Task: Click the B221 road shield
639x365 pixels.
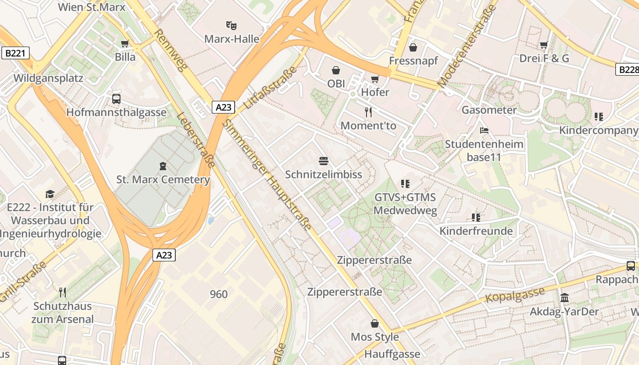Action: pyautogui.click(x=15, y=53)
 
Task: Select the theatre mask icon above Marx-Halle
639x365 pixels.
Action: pyautogui.click(x=231, y=25)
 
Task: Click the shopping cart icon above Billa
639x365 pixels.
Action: pyautogui.click(x=125, y=44)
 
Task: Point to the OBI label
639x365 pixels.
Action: pyautogui.click(x=336, y=83)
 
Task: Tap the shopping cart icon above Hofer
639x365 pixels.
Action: pyautogui.click(x=375, y=79)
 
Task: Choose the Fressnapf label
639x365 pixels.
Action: pyautogui.click(x=413, y=61)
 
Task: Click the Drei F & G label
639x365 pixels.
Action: pyautogui.click(x=544, y=58)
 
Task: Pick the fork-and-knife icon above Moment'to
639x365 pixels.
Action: pyautogui.click(x=368, y=112)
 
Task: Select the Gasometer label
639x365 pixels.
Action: pyautogui.click(x=489, y=110)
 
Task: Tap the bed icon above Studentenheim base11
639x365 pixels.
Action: pyautogui.click(x=484, y=130)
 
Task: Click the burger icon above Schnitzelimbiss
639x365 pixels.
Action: pyautogui.click(x=324, y=161)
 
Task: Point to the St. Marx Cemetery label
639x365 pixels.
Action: pyautogui.click(x=163, y=179)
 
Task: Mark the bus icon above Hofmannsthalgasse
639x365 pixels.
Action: pyautogui.click(x=116, y=99)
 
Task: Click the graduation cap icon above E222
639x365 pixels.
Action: pyautogui.click(x=50, y=194)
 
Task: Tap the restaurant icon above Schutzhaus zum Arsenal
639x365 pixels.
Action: pyautogui.click(x=62, y=292)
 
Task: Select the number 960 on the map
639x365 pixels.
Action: pyautogui.click(x=219, y=294)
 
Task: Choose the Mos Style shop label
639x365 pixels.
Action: pyautogui.click(x=374, y=337)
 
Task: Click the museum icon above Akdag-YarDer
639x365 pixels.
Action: pyautogui.click(x=564, y=298)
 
